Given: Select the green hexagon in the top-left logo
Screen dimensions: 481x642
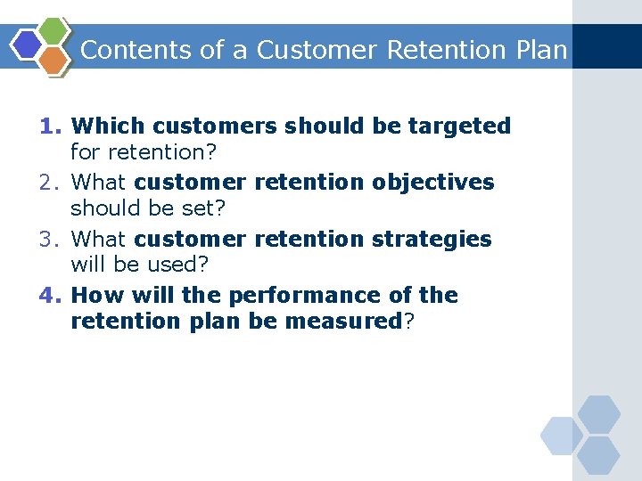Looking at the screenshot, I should pyautogui.click(x=54, y=32).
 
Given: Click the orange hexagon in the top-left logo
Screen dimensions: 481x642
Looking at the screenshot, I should pyautogui.click(x=54, y=60).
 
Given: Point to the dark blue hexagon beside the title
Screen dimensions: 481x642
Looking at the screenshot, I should pyautogui.click(x=26, y=45).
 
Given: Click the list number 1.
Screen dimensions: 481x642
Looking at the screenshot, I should pyautogui.click(x=50, y=126).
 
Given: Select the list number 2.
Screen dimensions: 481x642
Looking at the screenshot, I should pyautogui.click(x=50, y=183).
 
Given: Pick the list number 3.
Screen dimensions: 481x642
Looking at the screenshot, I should pyautogui.click(x=50, y=240).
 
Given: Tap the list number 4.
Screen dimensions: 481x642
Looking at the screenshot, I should pyautogui.click(x=50, y=296).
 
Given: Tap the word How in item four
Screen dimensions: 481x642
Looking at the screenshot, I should pyautogui.click(x=91, y=296).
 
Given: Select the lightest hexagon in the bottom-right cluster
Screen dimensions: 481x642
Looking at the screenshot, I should pyautogui.click(x=562, y=436).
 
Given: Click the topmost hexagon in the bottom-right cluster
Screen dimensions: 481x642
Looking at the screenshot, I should pyautogui.click(x=598, y=414).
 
